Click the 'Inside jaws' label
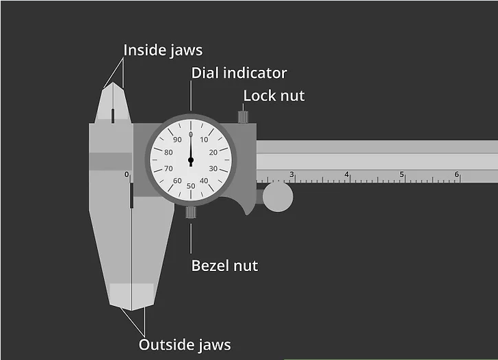click(163, 51)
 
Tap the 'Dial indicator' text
click(239, 73)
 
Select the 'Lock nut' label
click(274, 96)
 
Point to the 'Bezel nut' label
click(224, 266)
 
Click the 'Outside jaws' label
click(185, 345)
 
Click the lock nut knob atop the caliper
click(243, 116)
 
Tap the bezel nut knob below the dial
click(191, 212)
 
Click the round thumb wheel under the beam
click(278, 196)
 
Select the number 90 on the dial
click(178, 140)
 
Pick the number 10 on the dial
click(204, 140)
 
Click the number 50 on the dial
click(191, 186)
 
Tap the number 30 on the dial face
click(213, 168)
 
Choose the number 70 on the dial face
click(168, 168)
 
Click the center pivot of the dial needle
click(191, 160)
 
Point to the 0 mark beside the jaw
click(127, 175)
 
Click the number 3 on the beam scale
click(291, 175)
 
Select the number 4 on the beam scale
click(347, 175)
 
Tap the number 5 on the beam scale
click(402, 175)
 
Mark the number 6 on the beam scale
click(457, 175)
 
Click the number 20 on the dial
click(213, 153)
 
